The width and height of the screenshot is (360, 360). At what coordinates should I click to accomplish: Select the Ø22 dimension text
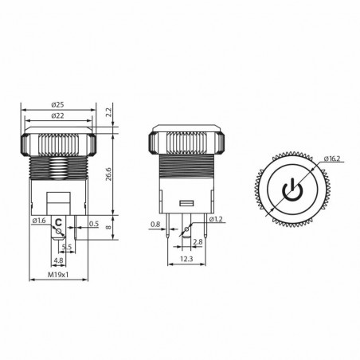pyautogui.click(x=57, y=117)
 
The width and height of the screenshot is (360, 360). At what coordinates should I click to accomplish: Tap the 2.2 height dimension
pyautogui.click(x=110, y=112)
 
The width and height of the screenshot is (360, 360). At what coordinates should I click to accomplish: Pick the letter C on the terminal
pyautogui.click(x=58, y=223)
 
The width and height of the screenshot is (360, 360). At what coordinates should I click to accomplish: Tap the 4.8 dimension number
pyautogui.click(x=57, y=261)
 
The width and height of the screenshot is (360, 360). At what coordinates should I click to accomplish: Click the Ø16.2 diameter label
pyautogui.click(x=332, y=160)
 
